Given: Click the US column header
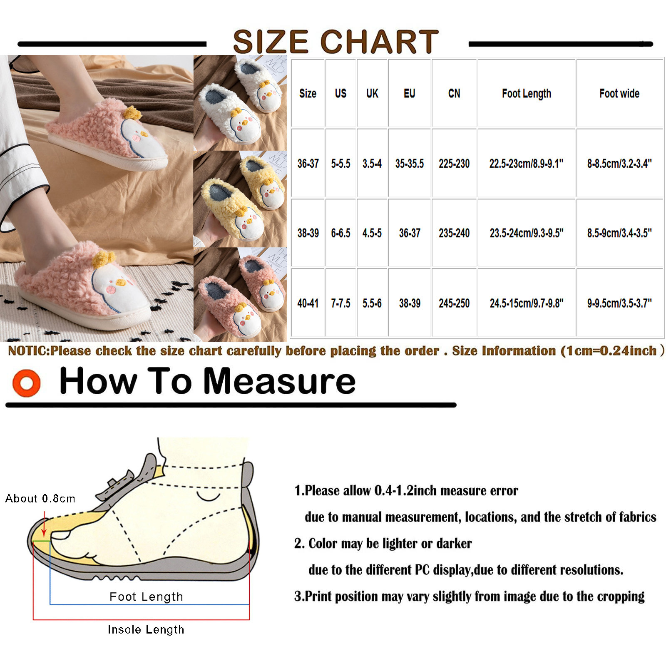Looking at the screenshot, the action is (340, 93).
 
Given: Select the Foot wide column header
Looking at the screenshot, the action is (619, 93).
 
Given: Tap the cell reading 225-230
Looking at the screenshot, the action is (454, 164).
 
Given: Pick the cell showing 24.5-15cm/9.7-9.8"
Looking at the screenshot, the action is (527, 303).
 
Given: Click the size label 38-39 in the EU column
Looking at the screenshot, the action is (410, 303).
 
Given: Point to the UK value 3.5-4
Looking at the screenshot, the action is (372, 164).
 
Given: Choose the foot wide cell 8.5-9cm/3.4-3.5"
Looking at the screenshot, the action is (619, 233).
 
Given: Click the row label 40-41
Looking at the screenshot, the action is (308, 303).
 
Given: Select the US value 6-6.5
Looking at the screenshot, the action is (340, 233).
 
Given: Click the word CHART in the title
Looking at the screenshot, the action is (379, 42).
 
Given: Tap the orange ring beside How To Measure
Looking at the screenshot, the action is (27, 383).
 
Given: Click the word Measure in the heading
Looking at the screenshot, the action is (279, 381).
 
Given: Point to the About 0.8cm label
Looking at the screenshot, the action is (40, 498).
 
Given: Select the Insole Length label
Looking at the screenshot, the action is (146, 630).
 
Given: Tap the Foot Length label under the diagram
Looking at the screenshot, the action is (146, 597).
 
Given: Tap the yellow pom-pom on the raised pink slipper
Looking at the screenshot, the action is (131, 112).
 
